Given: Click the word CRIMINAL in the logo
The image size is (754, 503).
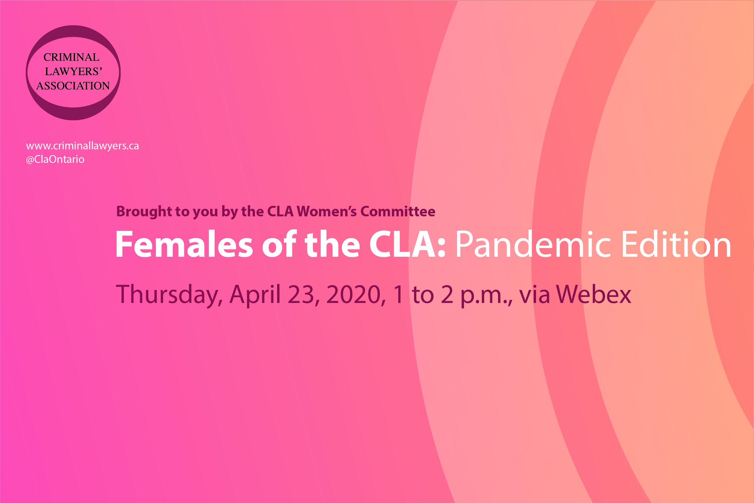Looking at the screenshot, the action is (71, 57).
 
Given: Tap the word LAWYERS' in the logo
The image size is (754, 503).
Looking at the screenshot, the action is (73, 71).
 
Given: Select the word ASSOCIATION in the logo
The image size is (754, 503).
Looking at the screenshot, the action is (73, 86).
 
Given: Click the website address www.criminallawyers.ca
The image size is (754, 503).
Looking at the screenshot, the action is (82, 146).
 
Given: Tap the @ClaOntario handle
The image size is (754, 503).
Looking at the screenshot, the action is (55, 159).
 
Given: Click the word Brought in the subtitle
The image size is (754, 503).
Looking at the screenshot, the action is (144, 212).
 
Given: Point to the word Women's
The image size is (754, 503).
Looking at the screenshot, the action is (327, 212).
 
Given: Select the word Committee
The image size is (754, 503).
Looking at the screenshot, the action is (398, 212).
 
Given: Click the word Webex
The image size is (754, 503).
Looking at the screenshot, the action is (593, 294).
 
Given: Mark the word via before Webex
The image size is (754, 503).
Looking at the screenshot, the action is (535, 294).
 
